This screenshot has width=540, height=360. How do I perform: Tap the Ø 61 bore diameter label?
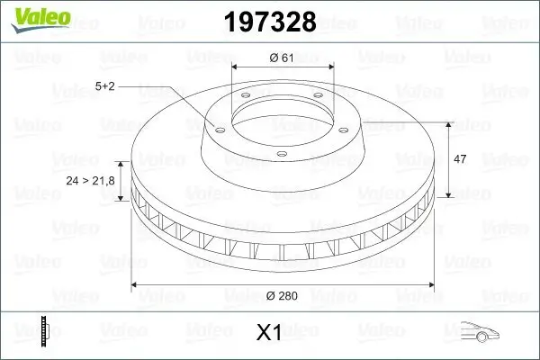pyautogui.click(x=283, y=58)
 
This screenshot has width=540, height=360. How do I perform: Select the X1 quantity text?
pyautogui.click(x=270, y=332)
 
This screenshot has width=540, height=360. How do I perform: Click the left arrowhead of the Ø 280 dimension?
pyautogui.click(x=137, y=284)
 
